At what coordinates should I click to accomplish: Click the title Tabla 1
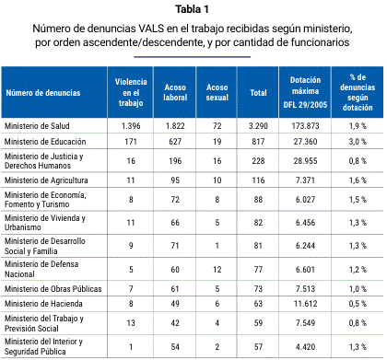coord(193,9)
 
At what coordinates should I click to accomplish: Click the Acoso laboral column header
coord(175,92)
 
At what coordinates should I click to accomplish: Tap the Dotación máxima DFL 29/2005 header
coord(305,92)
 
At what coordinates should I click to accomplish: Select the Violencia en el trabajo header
coord(131,92)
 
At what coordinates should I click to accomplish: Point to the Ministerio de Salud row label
coord(37,126)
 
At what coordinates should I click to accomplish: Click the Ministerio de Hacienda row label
coord(43,304)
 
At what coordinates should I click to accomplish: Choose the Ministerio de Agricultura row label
coord(46,180)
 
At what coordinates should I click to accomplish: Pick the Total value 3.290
coord(258,126)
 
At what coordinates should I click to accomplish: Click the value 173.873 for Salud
coord(305,126)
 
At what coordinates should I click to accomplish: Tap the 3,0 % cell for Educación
coord(358,142)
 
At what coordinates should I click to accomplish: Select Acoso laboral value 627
coord(175,142)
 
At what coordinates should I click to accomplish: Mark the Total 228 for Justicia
coord(258,161)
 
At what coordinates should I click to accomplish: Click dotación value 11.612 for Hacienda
coord(305,304)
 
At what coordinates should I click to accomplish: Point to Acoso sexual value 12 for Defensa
coord(217,270)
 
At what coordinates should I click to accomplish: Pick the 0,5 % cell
coord(358,304)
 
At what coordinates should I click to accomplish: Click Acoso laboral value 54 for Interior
coord(175,347)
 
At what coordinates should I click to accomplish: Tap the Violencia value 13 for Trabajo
coord(131,323)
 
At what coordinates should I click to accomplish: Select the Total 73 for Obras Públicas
coord(258,289)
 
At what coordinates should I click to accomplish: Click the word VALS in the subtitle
coord(151,29)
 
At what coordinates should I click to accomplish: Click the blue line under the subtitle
coord(193,57)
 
